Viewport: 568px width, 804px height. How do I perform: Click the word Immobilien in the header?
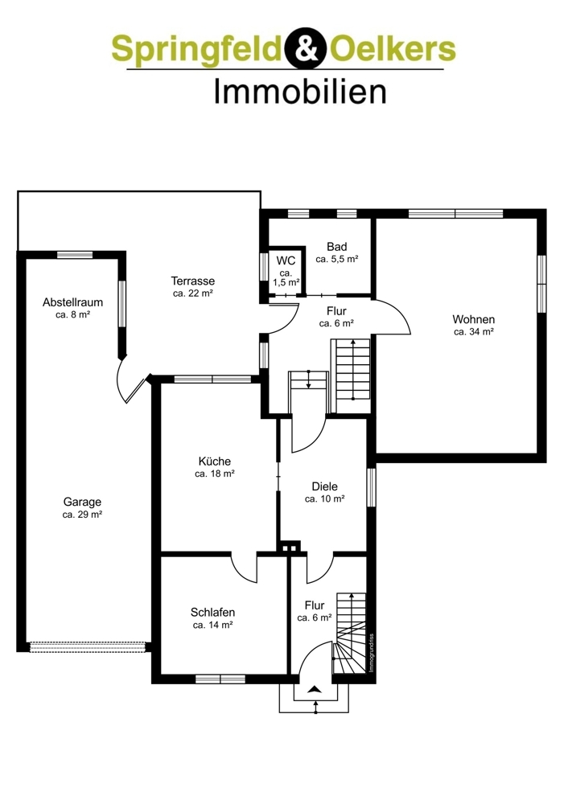click(299, 92)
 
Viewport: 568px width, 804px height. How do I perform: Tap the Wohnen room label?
click(474, 319)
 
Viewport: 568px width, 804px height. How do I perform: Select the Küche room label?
click(215, 461)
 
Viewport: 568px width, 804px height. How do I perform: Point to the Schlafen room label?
click(212, 612)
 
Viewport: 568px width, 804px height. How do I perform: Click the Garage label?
click(82, 502)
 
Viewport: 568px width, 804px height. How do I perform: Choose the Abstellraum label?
click(73, 302)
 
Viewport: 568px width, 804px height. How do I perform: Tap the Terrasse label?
click(193, 281)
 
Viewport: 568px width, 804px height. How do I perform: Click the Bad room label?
click(336, 247)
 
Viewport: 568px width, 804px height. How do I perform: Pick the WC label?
click(286, 260)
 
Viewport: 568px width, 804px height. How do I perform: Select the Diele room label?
click(325, 486)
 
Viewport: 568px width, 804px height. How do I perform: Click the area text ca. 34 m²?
click(474, 332)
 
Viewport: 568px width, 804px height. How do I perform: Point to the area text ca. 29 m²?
click(82, 515)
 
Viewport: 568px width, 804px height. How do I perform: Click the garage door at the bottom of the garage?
click(88, 647)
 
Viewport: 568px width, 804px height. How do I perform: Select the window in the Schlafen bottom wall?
click(220, 679)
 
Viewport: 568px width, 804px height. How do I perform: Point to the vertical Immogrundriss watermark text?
click(372, 653)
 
